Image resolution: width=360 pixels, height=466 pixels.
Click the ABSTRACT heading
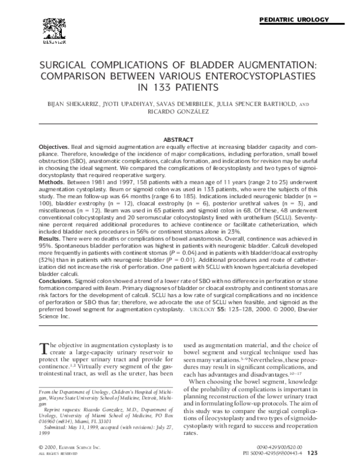pyautogui.click(x=179, y=139)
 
